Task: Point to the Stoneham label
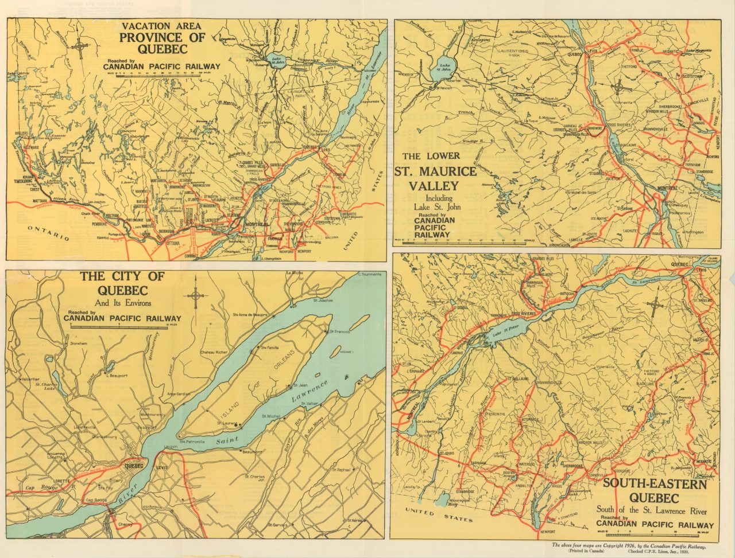78,343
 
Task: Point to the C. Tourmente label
369,274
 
